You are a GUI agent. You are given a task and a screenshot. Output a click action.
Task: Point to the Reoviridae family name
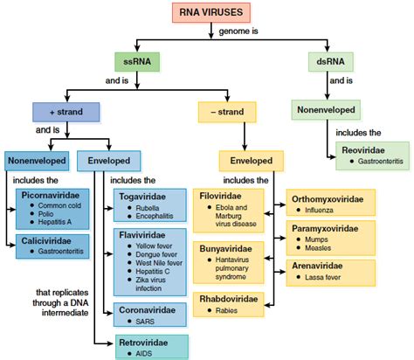[362, 150]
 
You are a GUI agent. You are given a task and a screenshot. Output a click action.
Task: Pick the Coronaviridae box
[149, 314]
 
